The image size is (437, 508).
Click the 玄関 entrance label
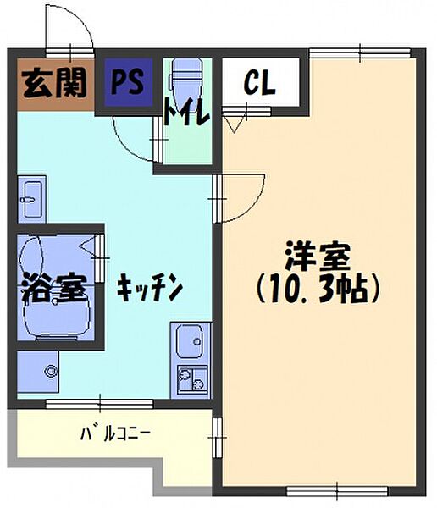click(54, 84)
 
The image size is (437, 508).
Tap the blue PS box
click(129, 83)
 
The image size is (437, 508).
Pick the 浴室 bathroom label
click(53, 288)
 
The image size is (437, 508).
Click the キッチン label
click(150, 288)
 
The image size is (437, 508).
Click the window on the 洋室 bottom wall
click(337, 489)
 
